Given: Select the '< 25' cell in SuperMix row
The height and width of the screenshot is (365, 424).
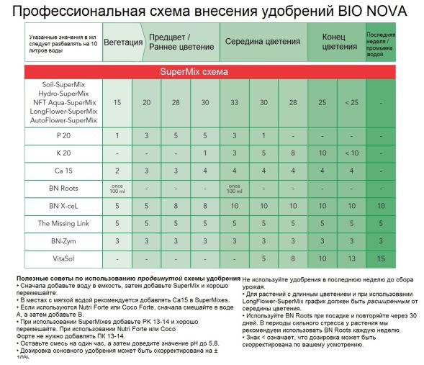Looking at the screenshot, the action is coord(351,103).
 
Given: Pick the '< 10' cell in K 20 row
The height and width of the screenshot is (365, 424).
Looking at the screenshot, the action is coord(351,153).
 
